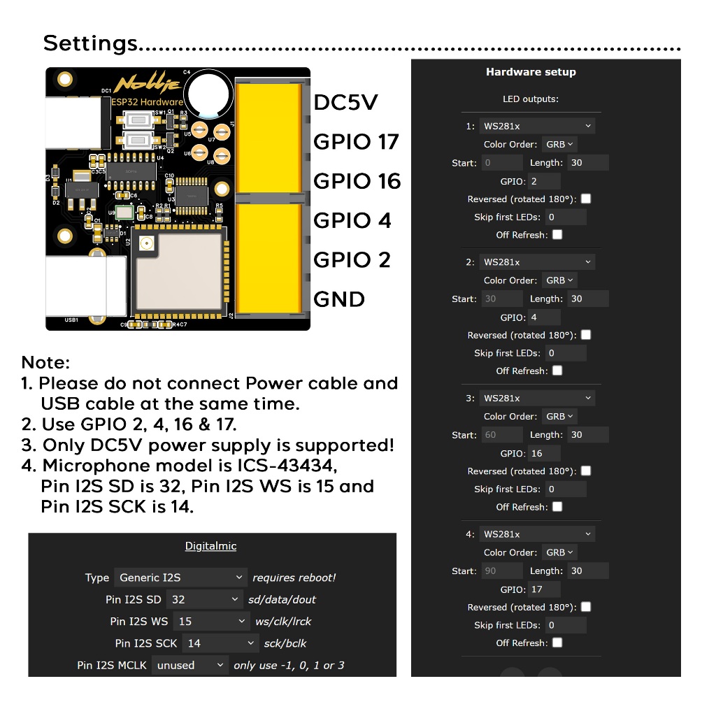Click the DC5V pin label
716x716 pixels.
[345, 103]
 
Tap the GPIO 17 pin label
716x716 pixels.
[355, 142]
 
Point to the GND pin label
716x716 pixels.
[339, 299]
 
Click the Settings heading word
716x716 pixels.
[91, 43]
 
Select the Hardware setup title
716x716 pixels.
[531, 72]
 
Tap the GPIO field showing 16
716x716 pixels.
[544, 453]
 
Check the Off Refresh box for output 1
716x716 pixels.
[557, 235]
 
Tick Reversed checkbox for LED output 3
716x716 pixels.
[586, 471]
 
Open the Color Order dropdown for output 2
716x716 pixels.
[559, 280]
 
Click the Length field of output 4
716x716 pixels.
[587, 571]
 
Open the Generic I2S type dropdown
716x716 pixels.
[180, 578]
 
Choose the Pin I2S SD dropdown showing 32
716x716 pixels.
[205, 599]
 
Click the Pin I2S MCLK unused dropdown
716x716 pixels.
[190, 665]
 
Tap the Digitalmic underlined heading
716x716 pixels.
[210, 546]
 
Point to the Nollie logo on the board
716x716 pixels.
[147, 85]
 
